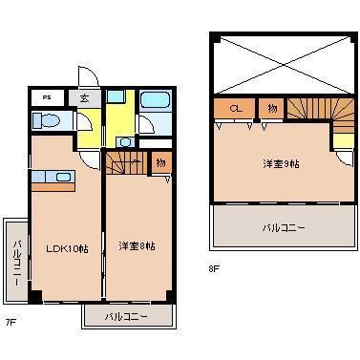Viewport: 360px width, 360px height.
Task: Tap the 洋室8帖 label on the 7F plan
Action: coord(137,246)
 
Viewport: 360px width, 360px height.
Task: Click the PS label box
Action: coord(45,97)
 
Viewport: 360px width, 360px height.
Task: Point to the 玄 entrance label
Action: coord(85,97)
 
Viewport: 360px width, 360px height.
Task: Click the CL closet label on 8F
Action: coord(235,108)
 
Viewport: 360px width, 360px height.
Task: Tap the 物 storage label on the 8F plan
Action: coord(271,108)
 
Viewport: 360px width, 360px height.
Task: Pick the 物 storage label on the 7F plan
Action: coord(159,162)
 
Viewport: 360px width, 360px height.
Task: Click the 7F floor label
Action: coord(11,323)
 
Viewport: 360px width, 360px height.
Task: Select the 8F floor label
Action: coord(214,269)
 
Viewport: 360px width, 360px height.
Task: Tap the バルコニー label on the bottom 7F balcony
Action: coord(126,314)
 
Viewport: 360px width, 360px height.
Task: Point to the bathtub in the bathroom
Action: coord(154,101)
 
